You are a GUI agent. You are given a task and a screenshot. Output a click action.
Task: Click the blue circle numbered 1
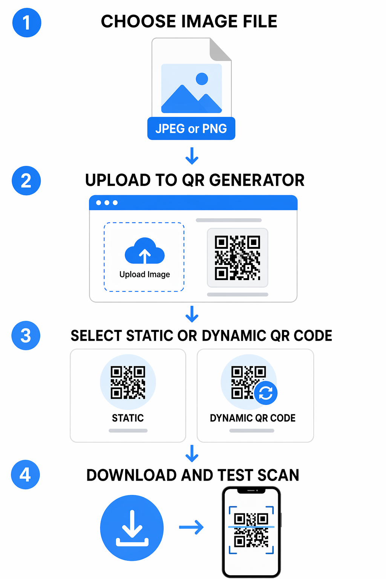coord(27,23)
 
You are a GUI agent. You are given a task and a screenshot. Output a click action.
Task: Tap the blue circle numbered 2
coord(26,181)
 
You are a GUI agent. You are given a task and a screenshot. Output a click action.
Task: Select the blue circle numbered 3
coord(26,335)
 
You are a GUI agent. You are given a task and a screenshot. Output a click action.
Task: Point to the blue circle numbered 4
coord(25,475)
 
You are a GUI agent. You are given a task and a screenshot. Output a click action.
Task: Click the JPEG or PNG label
coord(191,129)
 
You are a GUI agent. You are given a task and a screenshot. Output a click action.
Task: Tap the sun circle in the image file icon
coord(202,79)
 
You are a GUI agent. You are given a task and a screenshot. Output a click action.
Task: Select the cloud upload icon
coord(144,251)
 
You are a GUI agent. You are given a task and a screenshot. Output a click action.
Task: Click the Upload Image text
coord(144,274)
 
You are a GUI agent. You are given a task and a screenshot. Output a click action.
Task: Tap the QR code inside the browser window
coord(237,258)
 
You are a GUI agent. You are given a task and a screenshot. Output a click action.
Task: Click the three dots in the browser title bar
coord(107,203)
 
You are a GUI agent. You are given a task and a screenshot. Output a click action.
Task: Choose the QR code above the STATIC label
coord(128,382)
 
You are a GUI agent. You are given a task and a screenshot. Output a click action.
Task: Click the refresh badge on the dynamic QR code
coord(265,393)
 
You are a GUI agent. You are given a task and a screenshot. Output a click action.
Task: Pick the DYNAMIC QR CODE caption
coord(253,418)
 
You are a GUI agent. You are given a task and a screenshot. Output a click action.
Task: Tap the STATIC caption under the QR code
coord(128,418)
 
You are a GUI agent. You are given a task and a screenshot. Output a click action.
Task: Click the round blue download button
coord(132,528)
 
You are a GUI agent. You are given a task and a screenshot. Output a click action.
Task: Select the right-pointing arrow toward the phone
coord(191,527)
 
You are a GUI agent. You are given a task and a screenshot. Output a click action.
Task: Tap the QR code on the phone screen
coord(251,530)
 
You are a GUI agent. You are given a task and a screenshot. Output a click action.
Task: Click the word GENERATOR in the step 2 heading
coord(257,180)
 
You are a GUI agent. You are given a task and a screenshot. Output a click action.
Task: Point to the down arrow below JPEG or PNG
coord(192,156)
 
